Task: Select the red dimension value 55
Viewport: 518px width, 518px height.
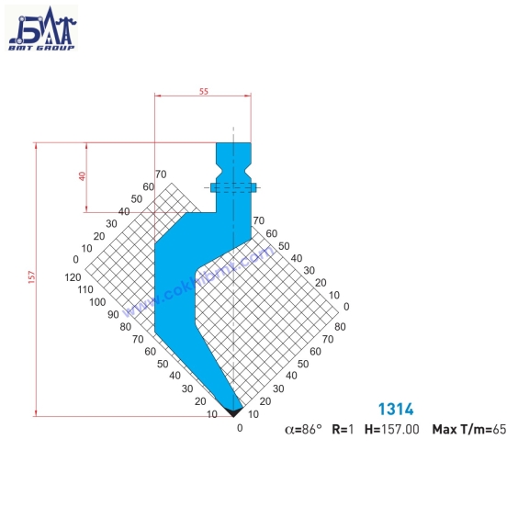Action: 203,90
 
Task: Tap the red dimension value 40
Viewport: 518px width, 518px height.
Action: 82,176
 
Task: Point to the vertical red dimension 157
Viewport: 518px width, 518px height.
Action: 30,279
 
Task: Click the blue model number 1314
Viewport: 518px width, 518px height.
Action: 396,410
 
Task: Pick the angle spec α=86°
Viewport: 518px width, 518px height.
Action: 303,429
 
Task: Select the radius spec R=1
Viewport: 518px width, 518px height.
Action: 343,429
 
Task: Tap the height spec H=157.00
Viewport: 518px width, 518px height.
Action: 392,429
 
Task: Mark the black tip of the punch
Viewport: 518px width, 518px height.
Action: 233,404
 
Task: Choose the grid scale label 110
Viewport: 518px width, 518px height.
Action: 85,288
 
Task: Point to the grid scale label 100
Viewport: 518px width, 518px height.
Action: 97,301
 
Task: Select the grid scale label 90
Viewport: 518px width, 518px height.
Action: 112,314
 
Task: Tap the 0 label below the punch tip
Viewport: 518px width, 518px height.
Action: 240,427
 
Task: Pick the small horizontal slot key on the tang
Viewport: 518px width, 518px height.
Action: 233,187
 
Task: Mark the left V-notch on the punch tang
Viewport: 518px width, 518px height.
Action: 219,173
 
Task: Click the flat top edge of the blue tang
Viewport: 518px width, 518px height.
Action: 233,142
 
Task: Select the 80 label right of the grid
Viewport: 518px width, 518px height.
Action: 340,326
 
